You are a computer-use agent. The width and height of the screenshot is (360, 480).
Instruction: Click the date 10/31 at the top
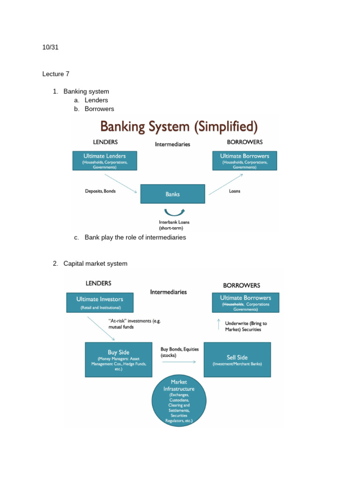tap(51, 47)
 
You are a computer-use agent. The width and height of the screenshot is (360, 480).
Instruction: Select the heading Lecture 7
tap(56, 74)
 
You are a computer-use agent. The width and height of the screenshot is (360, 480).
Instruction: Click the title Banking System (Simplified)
tap(173, 127)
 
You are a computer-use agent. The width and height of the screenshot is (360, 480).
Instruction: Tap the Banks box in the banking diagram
tap(172, 194)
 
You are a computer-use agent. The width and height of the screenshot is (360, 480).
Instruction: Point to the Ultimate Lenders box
tap(104, 161)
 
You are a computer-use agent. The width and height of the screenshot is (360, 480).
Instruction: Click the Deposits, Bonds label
tap(100, 191)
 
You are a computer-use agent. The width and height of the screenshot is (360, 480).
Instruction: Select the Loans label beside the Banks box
tap(234, 191)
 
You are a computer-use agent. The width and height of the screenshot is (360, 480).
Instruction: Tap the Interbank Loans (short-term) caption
tap(174, 225)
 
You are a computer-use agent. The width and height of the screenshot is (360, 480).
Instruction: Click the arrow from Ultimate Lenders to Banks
tap(120, 183)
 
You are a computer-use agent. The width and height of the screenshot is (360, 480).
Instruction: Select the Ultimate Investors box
tap(100, 302)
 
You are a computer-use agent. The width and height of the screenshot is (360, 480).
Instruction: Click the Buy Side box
tap(118, 359)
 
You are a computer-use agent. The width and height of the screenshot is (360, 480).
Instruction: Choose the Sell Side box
tap(237, 359)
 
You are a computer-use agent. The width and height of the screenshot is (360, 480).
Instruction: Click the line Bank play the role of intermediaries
tap(135, 237)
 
